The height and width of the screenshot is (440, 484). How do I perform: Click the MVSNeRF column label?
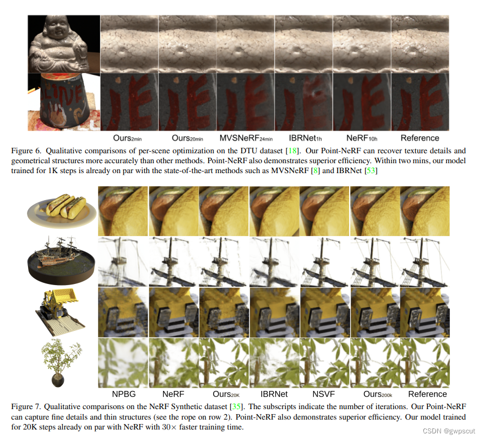point(246,138)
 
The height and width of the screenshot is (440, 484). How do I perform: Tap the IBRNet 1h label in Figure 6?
point(305,138)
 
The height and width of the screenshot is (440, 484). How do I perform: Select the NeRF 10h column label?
point(362,138)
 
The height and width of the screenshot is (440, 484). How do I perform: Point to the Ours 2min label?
point(127,138)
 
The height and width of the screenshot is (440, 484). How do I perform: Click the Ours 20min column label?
point(187,138)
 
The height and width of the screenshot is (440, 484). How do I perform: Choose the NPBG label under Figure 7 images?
point(123,394)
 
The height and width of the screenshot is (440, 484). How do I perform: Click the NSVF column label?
point(323,394)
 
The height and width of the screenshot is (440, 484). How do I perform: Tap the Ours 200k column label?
point(378,394)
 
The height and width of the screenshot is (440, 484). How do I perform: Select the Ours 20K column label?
point(226,394)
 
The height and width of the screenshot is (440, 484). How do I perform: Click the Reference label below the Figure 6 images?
point(420,138)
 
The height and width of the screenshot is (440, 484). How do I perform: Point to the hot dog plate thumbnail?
point(62,210)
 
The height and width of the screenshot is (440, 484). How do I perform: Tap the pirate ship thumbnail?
point(61,260)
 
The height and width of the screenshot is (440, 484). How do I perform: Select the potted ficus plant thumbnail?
point(61,362)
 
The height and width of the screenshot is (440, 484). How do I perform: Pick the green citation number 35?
point(236,406)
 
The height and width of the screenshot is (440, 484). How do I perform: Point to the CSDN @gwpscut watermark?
point(449,431)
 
